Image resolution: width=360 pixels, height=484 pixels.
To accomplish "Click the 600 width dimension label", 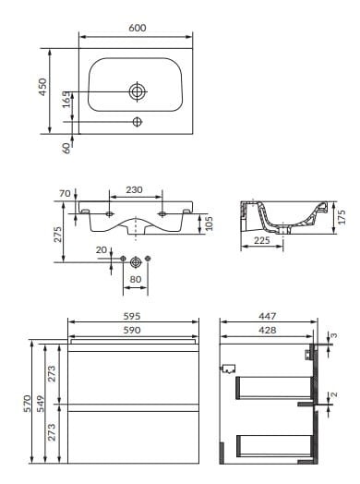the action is tap(137, 28).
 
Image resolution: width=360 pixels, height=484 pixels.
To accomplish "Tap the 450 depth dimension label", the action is tap(42, 87).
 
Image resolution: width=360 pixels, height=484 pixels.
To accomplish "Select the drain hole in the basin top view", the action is tap(137, 91).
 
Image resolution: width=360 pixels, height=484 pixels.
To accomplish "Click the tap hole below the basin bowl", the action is tap(137, 122).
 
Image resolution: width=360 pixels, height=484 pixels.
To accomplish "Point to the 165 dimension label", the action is tap(66, 100).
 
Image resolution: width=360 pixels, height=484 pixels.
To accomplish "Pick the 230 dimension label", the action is tap(134, 190).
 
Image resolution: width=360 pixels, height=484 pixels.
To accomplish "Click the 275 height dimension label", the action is tap(58, 235).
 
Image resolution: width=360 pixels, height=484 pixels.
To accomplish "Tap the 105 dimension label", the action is tap(210, 223).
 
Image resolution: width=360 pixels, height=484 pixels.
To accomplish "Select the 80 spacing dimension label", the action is tap(136, 279).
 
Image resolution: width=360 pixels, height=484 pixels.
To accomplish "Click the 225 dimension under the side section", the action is tap(262, 240).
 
